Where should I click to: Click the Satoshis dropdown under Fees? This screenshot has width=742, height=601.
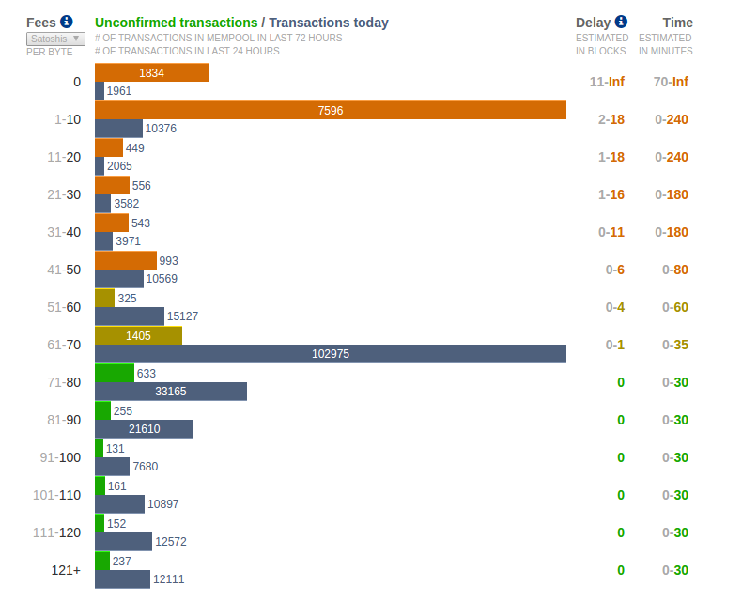[x=55, y=39]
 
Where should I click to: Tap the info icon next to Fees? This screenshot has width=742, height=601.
[x=66, y=22]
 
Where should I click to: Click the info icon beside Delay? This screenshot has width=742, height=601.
[x=621, y=22]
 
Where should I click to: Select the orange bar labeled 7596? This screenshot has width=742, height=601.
[x=330, y=110]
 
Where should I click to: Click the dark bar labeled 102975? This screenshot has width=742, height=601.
[x=330, y=354]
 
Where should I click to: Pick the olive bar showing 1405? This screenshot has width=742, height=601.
[x=138, y=335]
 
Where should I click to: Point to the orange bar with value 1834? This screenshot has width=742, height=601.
[x=151, y=72]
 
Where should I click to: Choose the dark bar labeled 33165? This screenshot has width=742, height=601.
[x=170, y=392]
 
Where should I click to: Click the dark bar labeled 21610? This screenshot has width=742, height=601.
[x=144, y=429]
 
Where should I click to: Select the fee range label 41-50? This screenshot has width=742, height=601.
[x=64, y=270]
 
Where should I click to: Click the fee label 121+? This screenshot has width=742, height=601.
[x=66, y=570]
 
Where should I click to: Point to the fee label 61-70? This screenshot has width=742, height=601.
[x=64, y=345]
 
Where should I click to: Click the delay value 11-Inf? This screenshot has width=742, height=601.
[x=607, y=82]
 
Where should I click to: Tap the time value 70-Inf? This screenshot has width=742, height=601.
[x=671, y=82]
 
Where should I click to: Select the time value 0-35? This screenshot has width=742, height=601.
[x=674, y=345]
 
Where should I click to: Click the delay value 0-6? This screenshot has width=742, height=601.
[x=614, y=270]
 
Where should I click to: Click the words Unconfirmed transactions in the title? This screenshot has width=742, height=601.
[x=176, y=23]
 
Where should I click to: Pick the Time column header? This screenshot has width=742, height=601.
[x=677, y=23]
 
